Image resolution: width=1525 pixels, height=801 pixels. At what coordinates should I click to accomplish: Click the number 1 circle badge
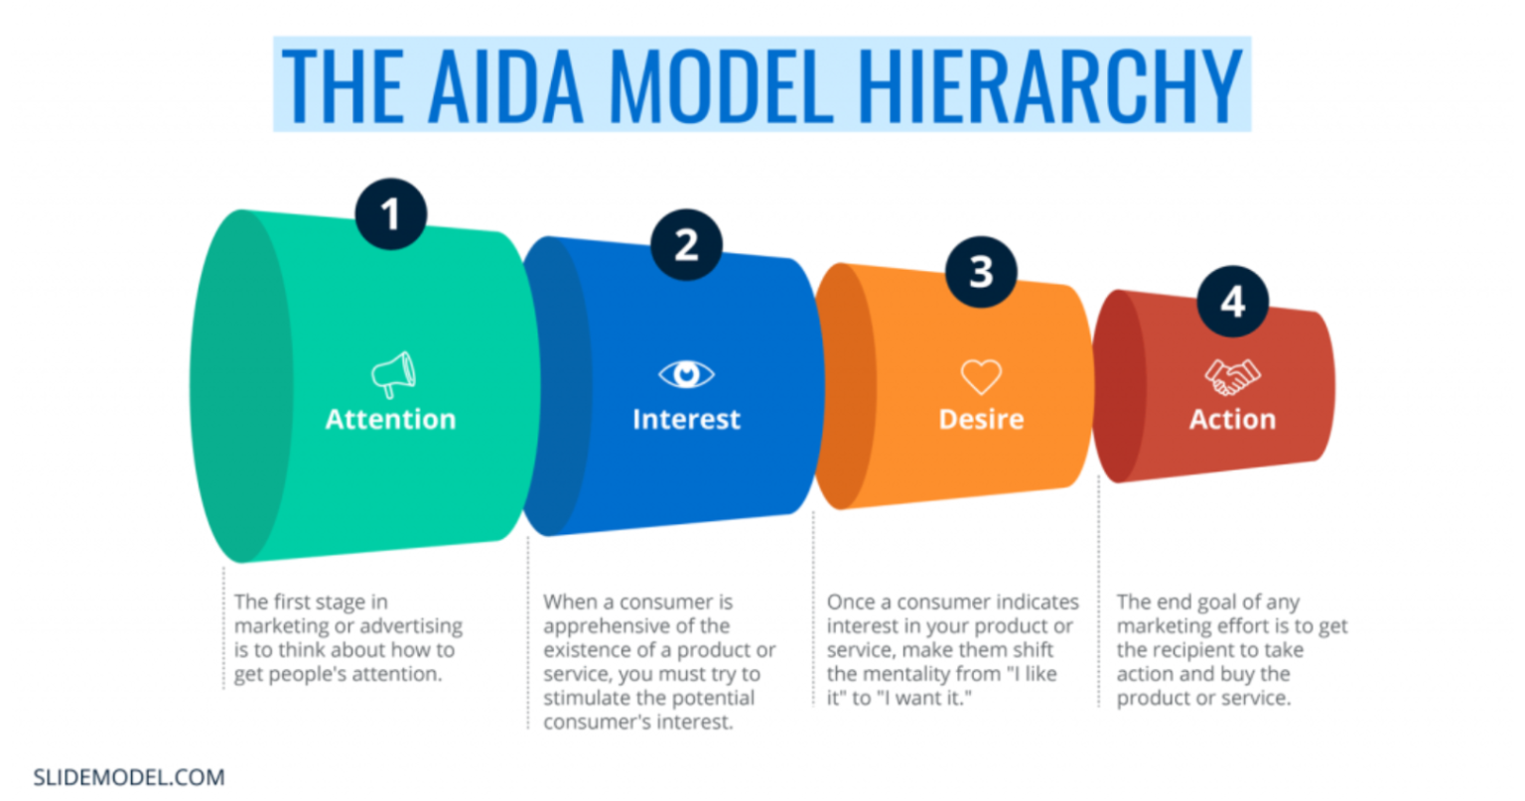[391, 214]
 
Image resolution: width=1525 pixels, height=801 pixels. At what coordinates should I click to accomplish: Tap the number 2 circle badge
[686, 245]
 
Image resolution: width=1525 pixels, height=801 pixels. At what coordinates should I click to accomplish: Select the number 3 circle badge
[981, 271]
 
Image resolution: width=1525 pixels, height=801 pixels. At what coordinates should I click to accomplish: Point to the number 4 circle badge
[1232, 302]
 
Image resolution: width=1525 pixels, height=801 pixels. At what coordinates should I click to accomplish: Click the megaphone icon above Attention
[393, 374]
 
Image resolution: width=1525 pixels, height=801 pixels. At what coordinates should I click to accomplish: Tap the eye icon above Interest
[686, 374]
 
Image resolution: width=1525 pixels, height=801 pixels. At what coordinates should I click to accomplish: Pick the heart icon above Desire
[981, 376]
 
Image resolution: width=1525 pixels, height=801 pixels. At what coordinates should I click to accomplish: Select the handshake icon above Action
[1232, 376]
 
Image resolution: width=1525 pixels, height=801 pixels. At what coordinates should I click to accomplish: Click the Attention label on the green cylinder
[391, 420]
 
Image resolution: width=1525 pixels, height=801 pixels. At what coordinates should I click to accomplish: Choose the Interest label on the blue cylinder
[686, 420]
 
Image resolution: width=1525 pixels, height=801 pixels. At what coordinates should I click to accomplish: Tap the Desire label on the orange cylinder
[981, 420]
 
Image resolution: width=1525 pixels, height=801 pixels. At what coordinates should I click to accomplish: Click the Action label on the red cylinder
[1232, 420]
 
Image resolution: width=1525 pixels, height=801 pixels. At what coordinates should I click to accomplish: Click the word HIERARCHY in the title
[1049, 85]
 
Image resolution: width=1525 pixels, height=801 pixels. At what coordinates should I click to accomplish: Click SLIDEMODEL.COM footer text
[129, 777]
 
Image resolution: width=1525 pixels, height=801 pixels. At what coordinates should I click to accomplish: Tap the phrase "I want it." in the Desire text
[923, 698]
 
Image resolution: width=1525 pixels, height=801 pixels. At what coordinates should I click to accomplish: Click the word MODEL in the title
[722, 85]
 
